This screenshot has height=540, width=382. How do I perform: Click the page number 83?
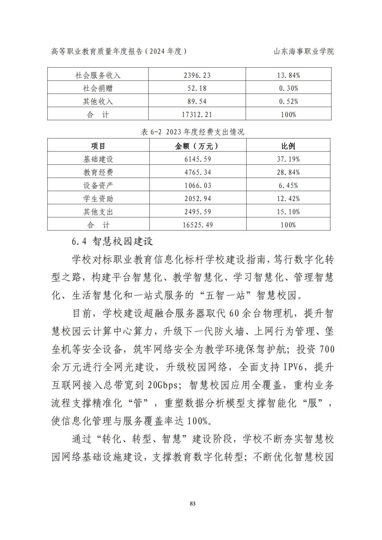click(192, 503)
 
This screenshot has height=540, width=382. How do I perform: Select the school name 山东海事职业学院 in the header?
click(304, 51)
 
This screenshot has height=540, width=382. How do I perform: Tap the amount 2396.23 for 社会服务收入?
click(197, 75)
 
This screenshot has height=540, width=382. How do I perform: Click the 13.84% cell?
click(288, 75)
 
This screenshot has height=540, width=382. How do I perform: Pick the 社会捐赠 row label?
click(98, 88)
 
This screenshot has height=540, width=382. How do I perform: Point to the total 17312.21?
click(197, 114)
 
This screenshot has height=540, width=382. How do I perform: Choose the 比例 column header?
click(288, 146)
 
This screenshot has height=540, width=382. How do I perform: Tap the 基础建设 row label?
click(98, 159)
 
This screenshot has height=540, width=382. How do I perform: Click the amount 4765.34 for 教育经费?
click(197, 172)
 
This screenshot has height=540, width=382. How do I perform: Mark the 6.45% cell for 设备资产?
click(288, 185)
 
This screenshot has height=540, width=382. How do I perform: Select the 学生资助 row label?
click(98, 199)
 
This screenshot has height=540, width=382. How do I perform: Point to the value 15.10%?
click(288, 212)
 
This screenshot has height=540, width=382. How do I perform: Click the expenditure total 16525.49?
click(197, 225)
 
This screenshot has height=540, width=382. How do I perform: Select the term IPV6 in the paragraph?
click(295, 367)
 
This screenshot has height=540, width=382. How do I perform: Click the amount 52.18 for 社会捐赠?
click(197, 88)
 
